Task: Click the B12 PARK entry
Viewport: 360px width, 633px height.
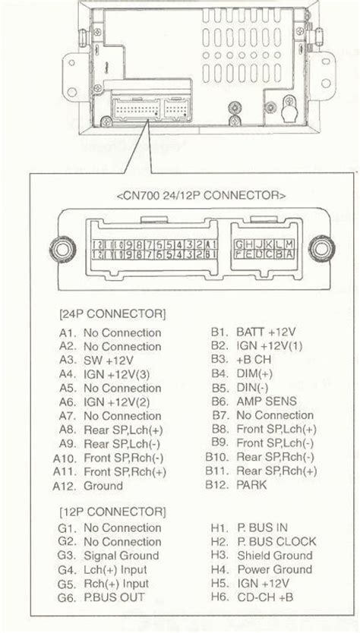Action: pyautogui.click(x=238, y=485)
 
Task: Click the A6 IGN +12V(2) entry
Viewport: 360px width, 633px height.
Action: pyautogui.click(x=115, y=402)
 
